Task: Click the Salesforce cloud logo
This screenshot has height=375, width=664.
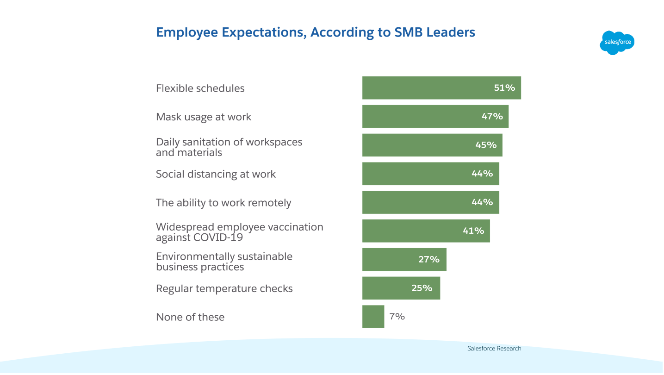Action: click(x=617, y=43)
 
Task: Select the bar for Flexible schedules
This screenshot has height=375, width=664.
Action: click(x=441, y=88)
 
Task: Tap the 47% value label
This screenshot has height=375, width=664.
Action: click(x=492, y=116)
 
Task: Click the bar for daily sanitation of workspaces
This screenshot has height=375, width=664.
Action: click(x=432, y=145)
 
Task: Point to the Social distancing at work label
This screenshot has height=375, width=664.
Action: click(x=216, y=174)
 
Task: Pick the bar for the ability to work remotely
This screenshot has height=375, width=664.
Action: click(x=430, y=202)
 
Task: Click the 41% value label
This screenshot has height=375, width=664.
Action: click(x=473, y=231)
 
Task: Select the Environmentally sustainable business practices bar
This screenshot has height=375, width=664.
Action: click(x=404, y=259)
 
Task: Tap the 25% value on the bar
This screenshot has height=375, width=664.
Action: click(x=422, y=288)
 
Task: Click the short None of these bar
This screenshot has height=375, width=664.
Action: click(x=373, y=317)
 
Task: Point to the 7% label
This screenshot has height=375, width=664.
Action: click(x=397, y=317)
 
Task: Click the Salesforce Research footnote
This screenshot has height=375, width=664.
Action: click(x=494, y=349)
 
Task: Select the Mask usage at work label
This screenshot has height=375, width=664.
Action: click(x=204, y=117)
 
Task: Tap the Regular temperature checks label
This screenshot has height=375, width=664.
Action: click(x=224, y=288)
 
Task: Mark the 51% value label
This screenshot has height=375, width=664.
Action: click(x=504, y=87)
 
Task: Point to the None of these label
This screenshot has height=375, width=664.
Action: click(x=190, y=317)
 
